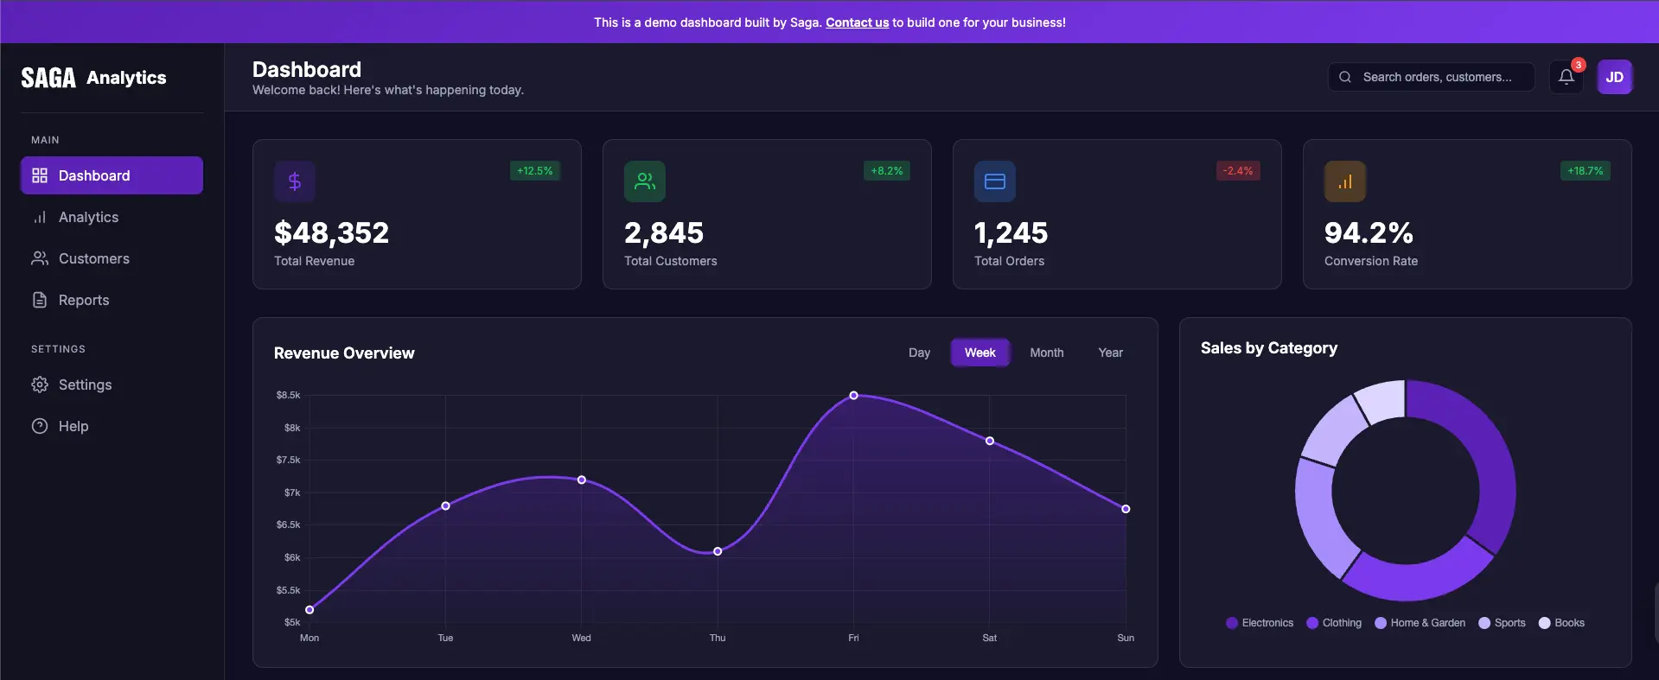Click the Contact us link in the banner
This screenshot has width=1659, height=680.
[x=857, y=22]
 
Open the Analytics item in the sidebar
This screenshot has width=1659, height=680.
[x=88, y=218]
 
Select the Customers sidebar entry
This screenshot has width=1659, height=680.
[x=93, y=259]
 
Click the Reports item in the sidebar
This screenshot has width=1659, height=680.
[x=83, y=301]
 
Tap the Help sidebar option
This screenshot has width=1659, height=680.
[x=73, y=427]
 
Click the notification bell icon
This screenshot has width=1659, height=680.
[x=1566, y=77]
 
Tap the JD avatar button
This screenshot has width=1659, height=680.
[x=1614, y=77]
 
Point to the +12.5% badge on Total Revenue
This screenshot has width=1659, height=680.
[x=534, y=171]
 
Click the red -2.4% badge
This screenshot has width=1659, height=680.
[x=1237, y=171]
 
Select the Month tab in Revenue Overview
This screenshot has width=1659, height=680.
[x=1046, y=353]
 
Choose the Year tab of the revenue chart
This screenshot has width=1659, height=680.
[x=1110, y=353]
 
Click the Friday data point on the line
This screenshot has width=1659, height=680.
[x=853, y=396]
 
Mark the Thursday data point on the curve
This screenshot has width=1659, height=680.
[x=718, y=551]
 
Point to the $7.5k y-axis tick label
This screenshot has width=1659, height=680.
[x=288, y=461]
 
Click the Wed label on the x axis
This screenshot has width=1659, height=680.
[x=581, y=639]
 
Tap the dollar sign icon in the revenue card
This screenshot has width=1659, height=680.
[x=295, y=181]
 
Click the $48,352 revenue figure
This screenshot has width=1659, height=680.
[x=331, y=233]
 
